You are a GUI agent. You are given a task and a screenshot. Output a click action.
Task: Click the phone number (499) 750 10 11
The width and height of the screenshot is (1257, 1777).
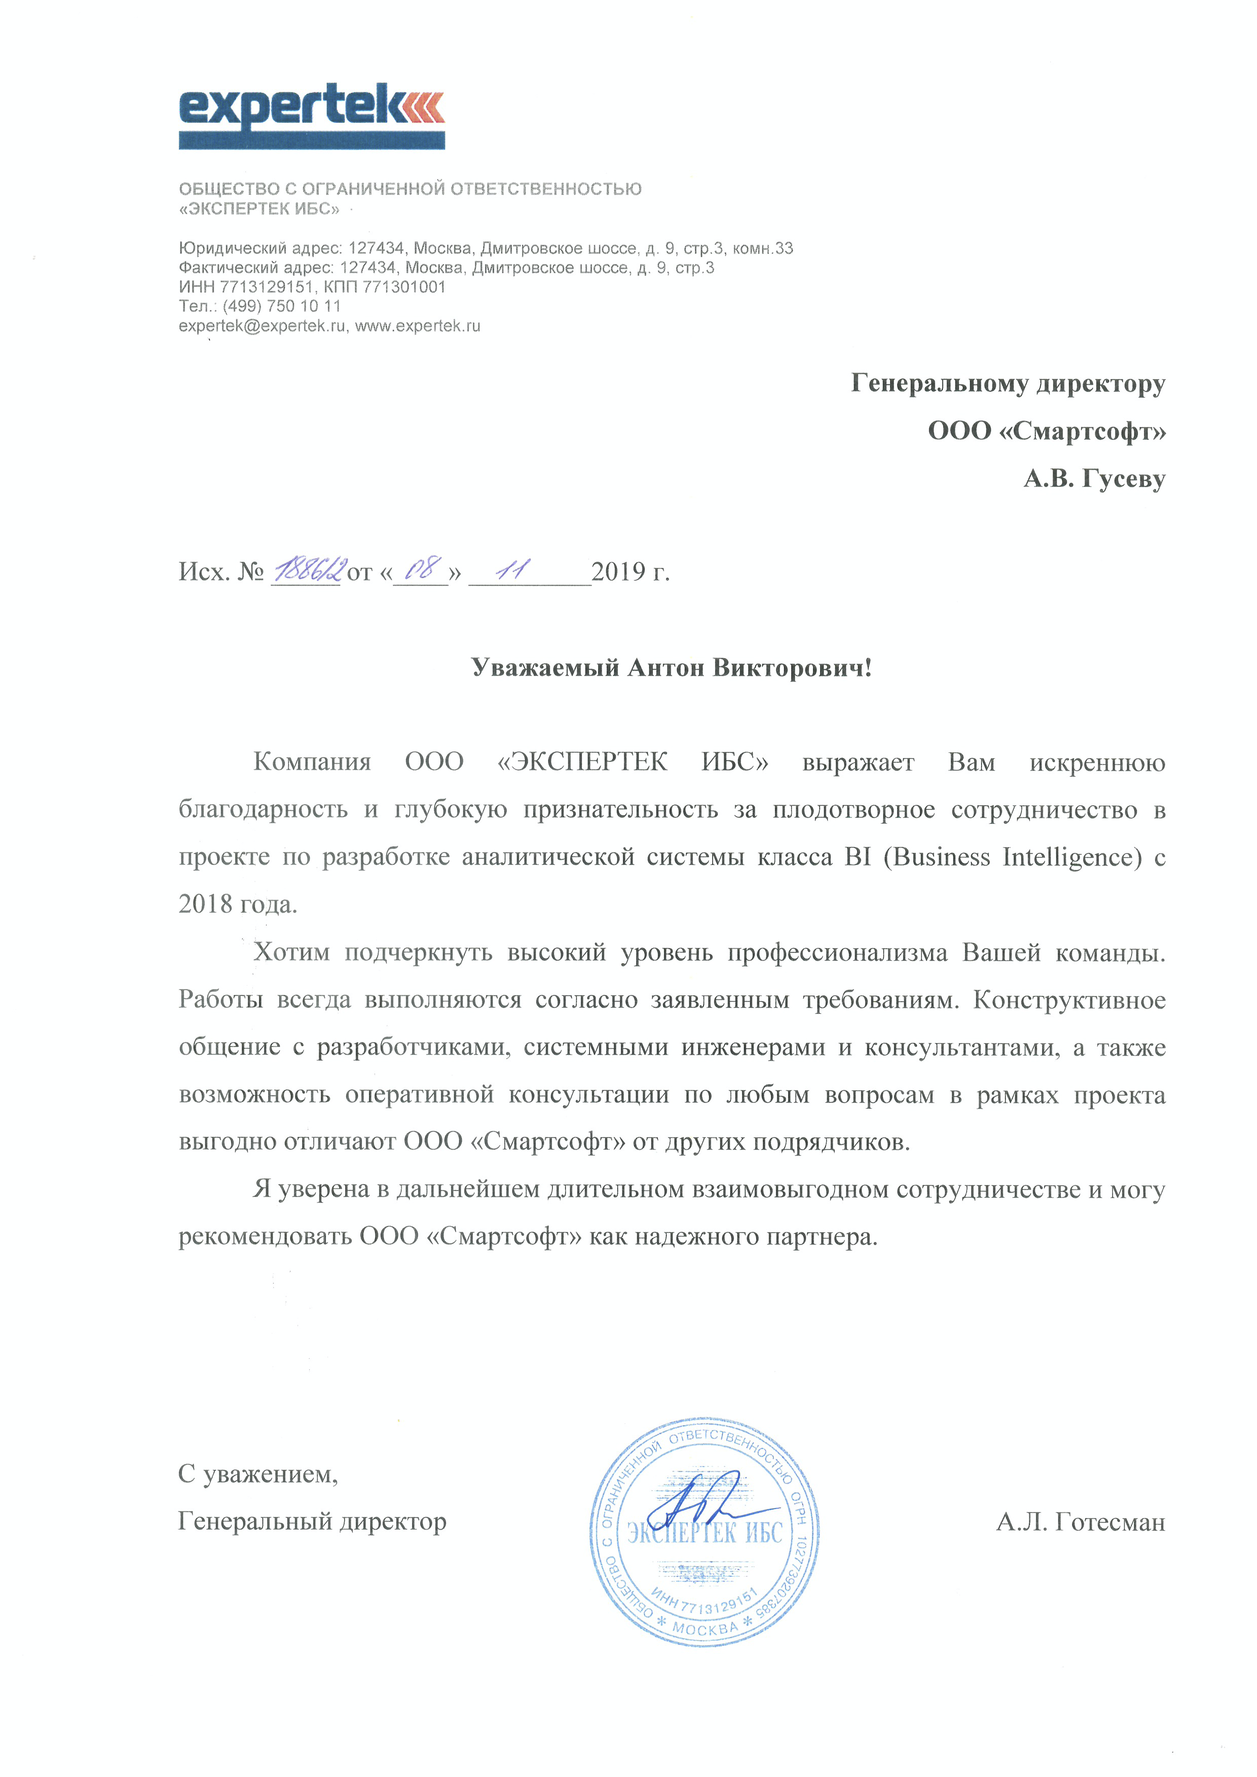point(282,307)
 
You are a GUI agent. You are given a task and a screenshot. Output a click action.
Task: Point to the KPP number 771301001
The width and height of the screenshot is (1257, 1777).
point(404,287)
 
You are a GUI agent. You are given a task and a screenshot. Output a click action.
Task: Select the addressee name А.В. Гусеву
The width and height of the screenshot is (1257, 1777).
point(1094,479)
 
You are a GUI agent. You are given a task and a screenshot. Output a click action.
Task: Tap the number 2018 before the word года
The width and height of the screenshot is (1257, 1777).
point(205,904)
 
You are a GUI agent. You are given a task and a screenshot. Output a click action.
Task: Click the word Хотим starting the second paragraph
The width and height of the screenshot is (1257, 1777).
point(291,952)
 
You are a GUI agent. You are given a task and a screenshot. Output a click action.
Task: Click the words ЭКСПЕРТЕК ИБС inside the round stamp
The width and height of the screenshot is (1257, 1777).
point(705,1533)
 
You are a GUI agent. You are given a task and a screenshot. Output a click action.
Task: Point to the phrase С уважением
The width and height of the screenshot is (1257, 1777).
point(258,1473)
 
